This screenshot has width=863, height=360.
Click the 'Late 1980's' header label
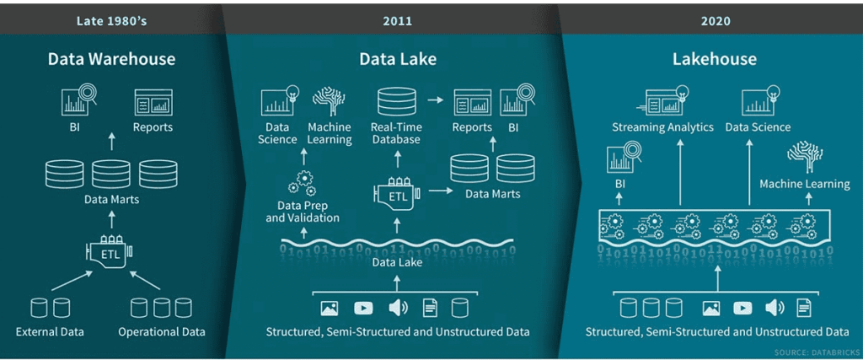111,20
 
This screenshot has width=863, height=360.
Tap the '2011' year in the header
398,20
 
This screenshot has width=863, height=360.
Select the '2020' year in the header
714,20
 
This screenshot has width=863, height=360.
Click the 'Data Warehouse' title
111,59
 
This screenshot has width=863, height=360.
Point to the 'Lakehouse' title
714,59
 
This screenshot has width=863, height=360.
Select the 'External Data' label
50,330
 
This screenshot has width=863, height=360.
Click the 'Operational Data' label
162,330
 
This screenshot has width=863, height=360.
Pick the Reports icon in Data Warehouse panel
153,103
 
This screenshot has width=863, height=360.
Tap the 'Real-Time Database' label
396,133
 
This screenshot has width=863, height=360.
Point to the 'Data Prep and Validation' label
303,212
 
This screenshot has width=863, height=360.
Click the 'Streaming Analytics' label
662,127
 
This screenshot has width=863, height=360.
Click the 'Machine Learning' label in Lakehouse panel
804,184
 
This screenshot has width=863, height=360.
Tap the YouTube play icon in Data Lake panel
364,309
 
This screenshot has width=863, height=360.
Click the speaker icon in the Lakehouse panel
774,309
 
